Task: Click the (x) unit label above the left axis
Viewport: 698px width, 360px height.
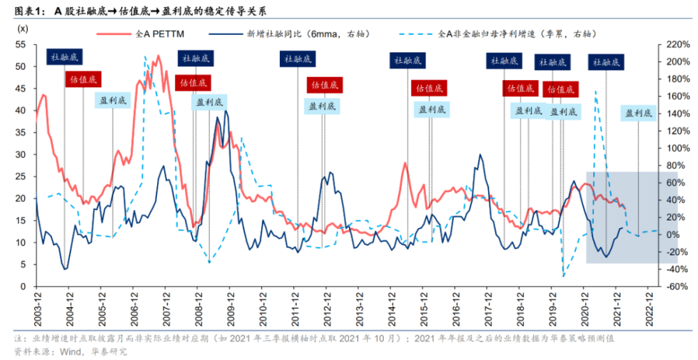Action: coord(22,29)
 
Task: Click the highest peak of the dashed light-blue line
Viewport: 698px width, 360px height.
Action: coord(144,57)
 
